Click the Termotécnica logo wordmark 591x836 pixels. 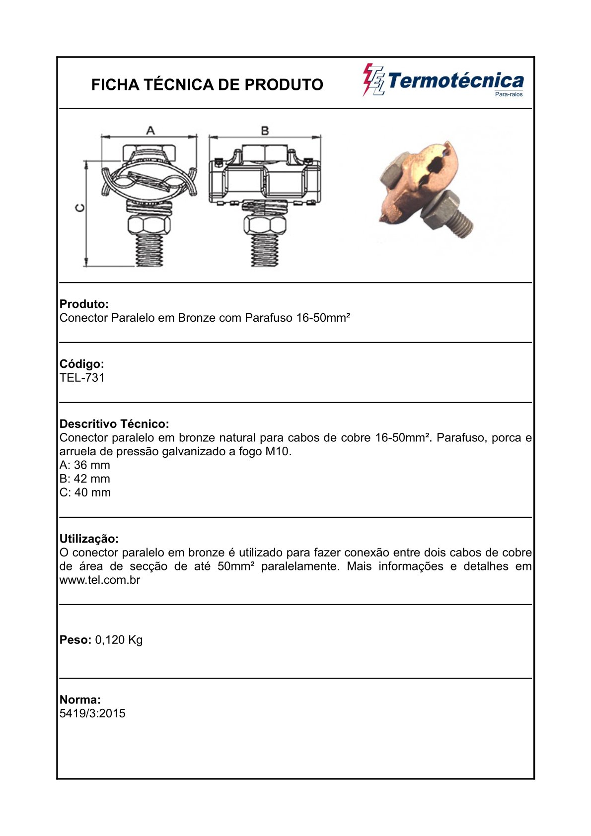click(x=456, y=81)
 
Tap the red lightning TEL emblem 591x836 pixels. click(x=373, y=79)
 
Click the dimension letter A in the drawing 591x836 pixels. click(x=150, y=130)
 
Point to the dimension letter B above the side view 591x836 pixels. click(x=265, y=131)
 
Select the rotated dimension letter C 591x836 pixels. click(x=80, y=208)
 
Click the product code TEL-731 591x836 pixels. click(x=82, y=378)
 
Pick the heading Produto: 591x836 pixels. click(x=84, y=304)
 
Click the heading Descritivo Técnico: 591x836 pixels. click(x=114, y=423)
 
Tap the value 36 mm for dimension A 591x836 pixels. click(x=92, y=465)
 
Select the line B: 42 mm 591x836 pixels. click(x=85, y=479)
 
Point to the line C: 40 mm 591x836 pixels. click(x=85, y=492)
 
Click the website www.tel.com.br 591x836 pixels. click(x=100, y=580)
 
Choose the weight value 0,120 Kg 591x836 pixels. click(x=119, y=640)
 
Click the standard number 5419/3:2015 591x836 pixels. click(x=92, y=713)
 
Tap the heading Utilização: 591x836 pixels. click(x=89, y=539)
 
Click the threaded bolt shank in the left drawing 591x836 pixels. click(x=149, y=250)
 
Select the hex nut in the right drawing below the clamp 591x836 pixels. click(x=265, y=225)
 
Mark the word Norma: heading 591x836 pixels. click(x=80, y=699)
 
